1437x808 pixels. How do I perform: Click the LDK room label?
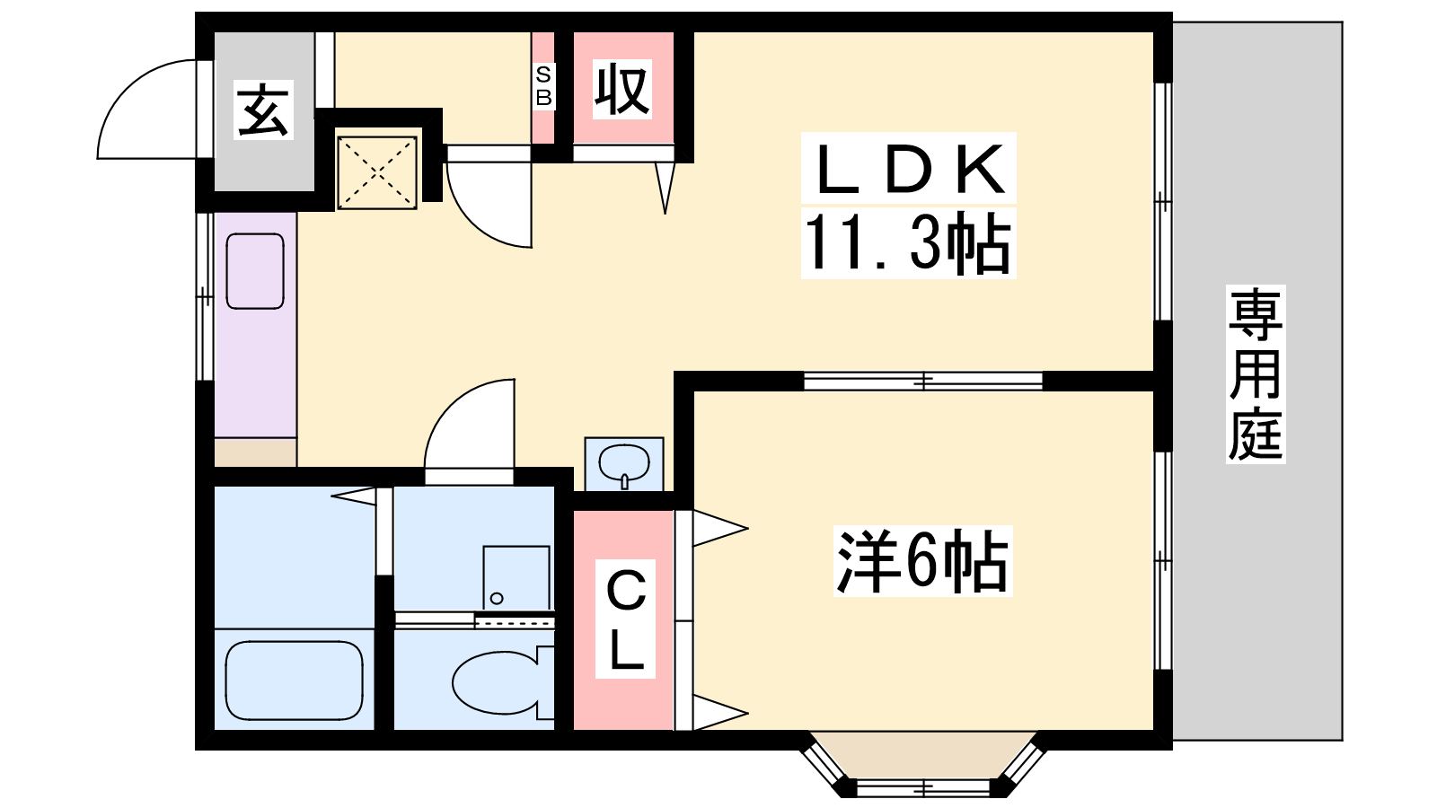click(908, 169)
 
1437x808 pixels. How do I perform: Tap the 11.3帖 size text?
click(908, 243)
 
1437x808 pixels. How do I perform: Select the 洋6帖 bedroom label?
click(922, 561)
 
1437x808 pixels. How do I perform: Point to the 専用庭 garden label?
click(1256, 373)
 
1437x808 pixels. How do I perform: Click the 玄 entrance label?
click(263, 110)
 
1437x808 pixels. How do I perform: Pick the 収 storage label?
click(622, 89)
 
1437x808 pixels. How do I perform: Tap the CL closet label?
click(625, 619)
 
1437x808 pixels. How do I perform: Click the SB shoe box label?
click(543, 86)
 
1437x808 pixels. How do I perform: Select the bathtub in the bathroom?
click(295, 681)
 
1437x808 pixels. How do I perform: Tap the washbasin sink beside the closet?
click(623, 463)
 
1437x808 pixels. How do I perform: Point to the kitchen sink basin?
click(255, 271)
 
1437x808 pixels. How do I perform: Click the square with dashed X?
click(377, 171)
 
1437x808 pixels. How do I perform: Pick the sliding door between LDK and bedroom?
click(923, 381)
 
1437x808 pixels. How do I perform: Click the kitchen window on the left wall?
click(205, 296)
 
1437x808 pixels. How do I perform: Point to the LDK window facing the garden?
click(1163, 201)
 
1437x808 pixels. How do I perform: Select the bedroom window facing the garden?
click(1163, 561)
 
